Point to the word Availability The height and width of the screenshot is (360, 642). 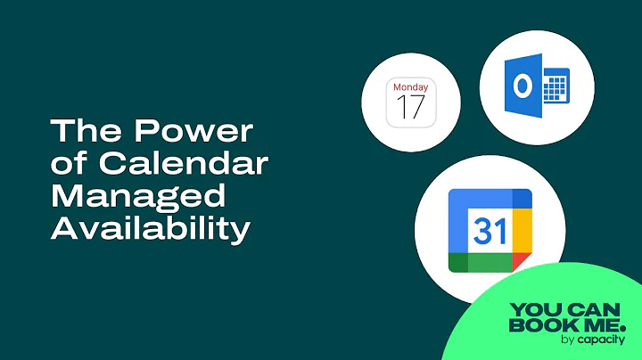tap(149, 229)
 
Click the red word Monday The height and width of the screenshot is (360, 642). tap(410, 88)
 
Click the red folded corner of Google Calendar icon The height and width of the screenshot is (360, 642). tap(523, 264)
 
